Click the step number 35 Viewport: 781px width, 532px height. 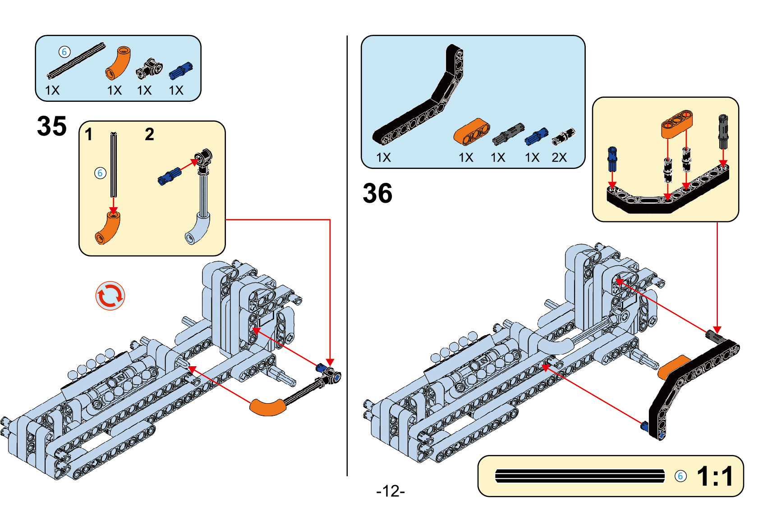point(52,126)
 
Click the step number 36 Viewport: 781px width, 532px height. point(377,194)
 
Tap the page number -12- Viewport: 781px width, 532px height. point(390,491)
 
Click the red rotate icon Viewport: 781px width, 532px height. point(110,296)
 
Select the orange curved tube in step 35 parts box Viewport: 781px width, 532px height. point(118,63)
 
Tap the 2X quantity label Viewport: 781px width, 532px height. point(559,157)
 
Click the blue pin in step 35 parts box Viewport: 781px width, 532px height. point(181,71)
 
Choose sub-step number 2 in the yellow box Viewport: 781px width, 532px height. point(149,134)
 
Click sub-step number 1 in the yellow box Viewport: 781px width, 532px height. point(89,134)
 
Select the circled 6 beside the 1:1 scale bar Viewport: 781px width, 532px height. point(680,476)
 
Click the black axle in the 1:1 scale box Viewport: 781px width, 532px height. point(579,476)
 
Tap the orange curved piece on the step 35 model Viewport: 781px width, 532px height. point(268,406)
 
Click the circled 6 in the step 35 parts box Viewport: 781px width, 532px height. point(64,52)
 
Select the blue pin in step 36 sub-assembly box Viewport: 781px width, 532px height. point(612,158)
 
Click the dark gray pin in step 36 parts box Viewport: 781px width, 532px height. point(508,134)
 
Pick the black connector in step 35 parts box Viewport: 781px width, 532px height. point(149,69)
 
